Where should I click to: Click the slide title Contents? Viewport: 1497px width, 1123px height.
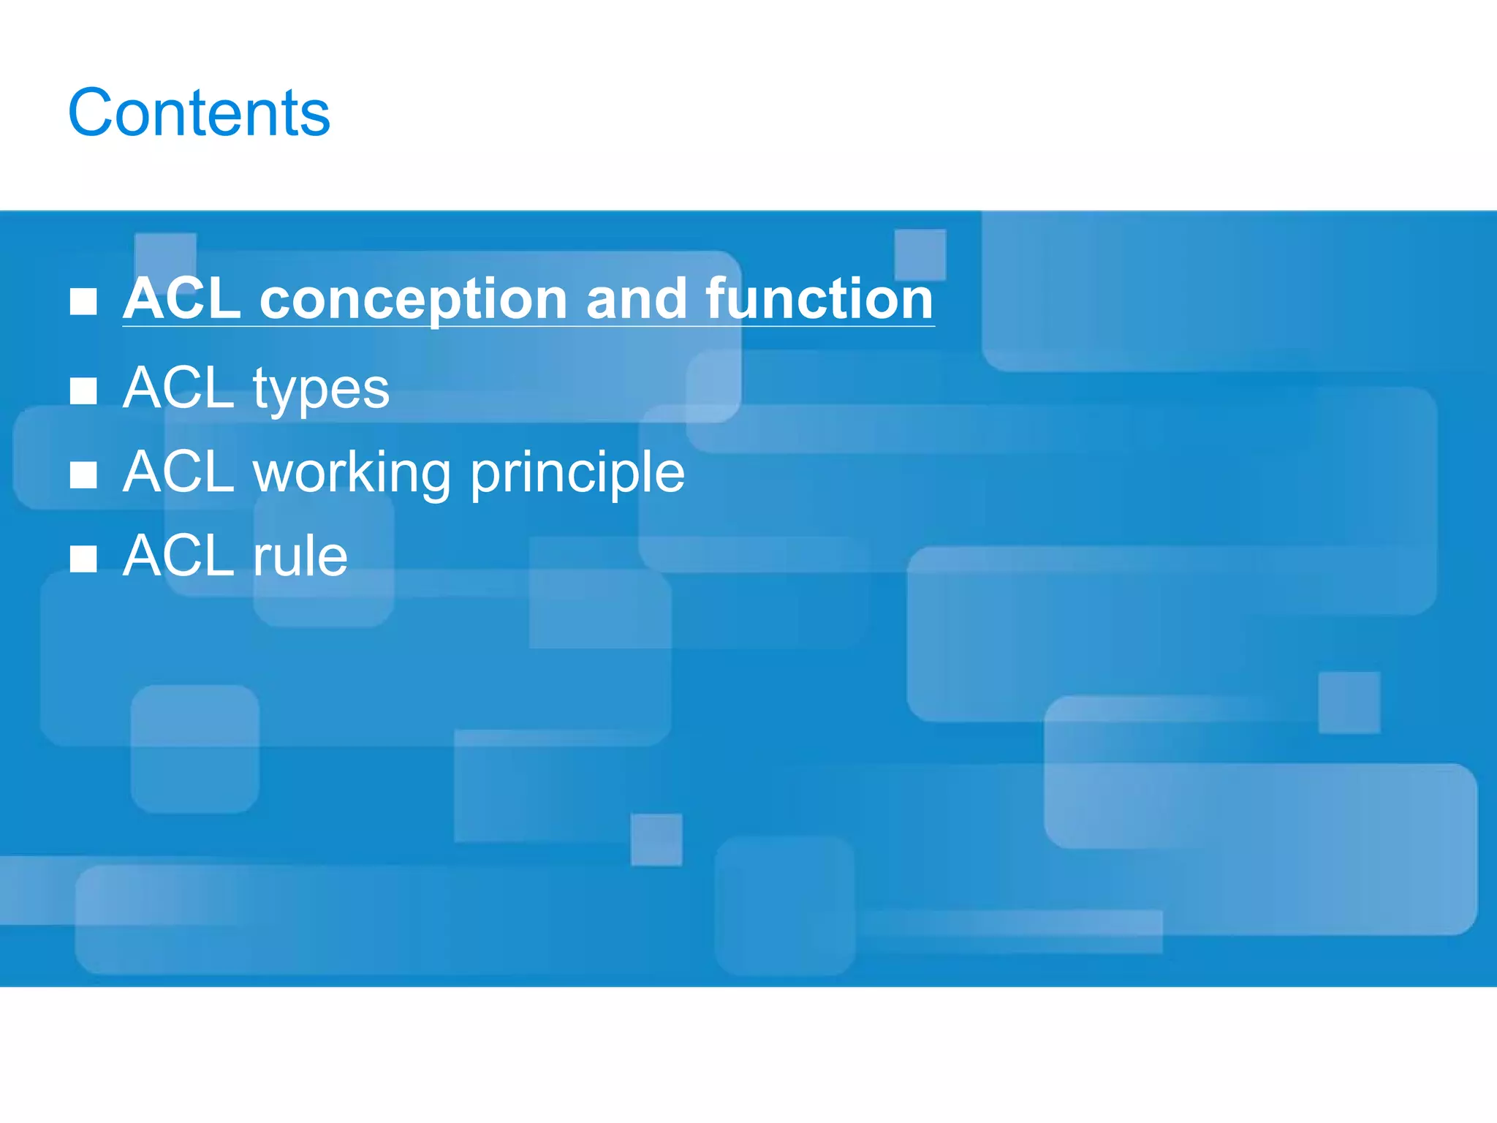tap(199, 113)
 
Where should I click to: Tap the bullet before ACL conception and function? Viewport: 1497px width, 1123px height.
tap(83, 301)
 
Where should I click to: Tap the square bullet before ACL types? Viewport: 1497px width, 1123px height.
tap(83, 391)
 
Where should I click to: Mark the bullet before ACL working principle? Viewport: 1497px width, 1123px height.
tap(83, 475)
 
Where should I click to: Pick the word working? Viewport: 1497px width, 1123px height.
tap(352, 474)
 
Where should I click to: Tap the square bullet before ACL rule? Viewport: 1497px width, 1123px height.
tap(83, 559)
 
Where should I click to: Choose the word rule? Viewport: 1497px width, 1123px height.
tap(300, 556)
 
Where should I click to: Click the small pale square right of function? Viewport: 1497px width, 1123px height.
tap(920, 254)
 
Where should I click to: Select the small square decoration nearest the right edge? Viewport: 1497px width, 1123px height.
tap(1349, 703)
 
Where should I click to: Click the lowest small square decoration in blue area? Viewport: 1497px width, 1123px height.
tap(656, 839)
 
